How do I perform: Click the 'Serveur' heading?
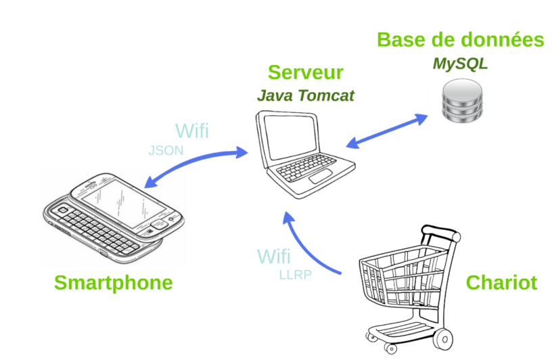305,73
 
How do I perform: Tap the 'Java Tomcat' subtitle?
305,95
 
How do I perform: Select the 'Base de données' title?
460,40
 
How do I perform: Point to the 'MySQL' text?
460,64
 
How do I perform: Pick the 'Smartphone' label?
114,282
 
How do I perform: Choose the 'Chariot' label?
501,282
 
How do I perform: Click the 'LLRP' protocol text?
295,275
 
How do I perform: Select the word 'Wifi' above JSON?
191,131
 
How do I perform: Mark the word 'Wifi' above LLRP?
274,257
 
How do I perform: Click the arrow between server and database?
387,131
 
